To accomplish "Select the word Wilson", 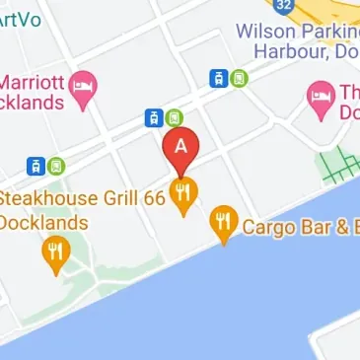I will coord(263,31).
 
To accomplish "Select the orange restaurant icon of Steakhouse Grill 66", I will coord(181,194).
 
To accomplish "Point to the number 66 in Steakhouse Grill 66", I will coord(148,197).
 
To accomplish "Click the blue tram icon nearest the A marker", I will coord(154,118).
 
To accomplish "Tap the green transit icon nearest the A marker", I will coord(174,117).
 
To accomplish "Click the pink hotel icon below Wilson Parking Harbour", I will coord(319,96).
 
